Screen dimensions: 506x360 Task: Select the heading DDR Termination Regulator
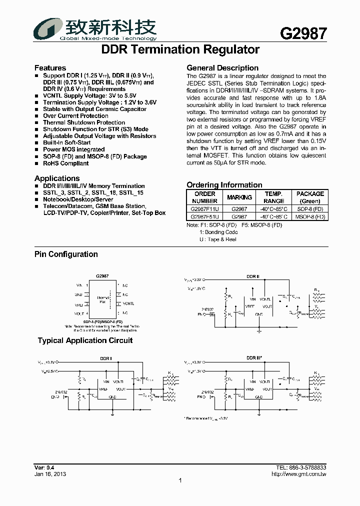pyautogui.click(x=180, y=49)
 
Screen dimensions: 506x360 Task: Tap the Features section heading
pyautogui.click(x=50, y=68)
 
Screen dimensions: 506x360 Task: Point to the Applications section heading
pyautogui.click(x=57, y=178)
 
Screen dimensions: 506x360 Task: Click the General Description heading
pyautogui.click(x=222, y=68)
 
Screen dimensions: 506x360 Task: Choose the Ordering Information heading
pyautogui.click(x=224, y=185)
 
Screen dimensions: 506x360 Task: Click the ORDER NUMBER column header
pyautogui.click(x=205, y=197)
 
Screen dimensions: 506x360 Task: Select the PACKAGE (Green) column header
pyautogui.click(x=310, y=197)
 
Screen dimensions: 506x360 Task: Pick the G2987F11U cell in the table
pyautogui.click(x=205, y=209)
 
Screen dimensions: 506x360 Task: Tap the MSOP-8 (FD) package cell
pyautogui.click(x=310, y=217)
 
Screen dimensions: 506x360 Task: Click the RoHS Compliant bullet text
pyautogui.click(x=65, y=163)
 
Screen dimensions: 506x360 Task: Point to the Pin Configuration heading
pyautogui.click(x=66, y=254)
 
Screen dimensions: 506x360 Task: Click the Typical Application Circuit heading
pyautogui.click(x=85, y=341)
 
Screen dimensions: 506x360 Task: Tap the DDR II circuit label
pyautogui.click(x=253, y=276)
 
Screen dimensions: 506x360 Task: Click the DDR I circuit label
pyautogui.click(x=106, y=358)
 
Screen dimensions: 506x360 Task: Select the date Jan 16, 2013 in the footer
pyautogui.click(x=50, y=474)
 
